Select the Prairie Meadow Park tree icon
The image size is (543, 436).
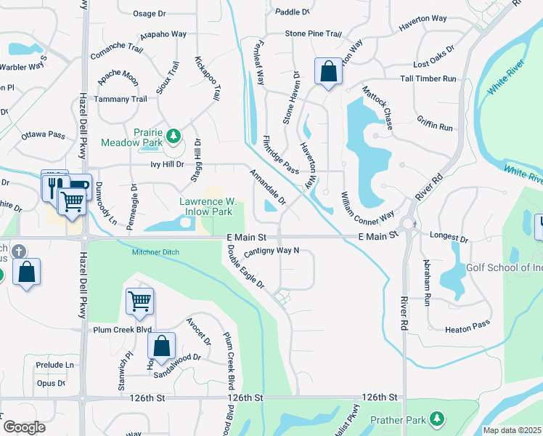tap(173, 136)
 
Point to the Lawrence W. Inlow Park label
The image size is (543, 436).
tap(208, 206)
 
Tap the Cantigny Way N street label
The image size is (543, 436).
tap(271, 251)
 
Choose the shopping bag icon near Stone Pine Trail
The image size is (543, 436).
tap(328, 71)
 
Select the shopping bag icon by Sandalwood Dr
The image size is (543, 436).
tap(162, 346)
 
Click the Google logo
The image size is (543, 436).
tap(24, 427)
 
